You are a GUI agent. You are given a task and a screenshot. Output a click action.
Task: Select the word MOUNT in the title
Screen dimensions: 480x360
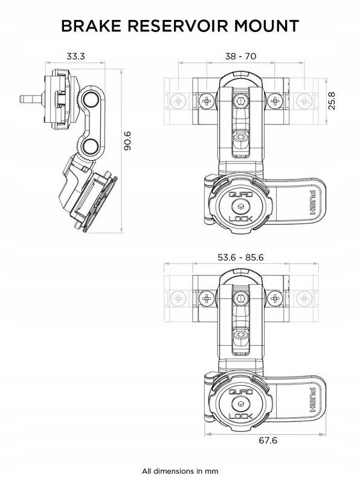pyautogui.click(x=268, y=26)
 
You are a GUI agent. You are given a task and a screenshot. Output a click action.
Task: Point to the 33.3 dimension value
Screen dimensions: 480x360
pyautogui.click(x=75, y=57)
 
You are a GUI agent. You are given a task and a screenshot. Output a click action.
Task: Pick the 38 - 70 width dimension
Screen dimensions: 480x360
pyautogui.click(x=240, y=57)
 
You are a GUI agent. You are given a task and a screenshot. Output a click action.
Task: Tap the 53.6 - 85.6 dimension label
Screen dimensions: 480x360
pyautogui.click(x=240, y=258)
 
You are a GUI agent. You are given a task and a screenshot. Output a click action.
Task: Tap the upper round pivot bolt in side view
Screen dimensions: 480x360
pyautogui.click(x=92, y=100)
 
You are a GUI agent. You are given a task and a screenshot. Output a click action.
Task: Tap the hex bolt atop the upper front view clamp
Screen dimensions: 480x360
pyautogui.click(x=241, y=100)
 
